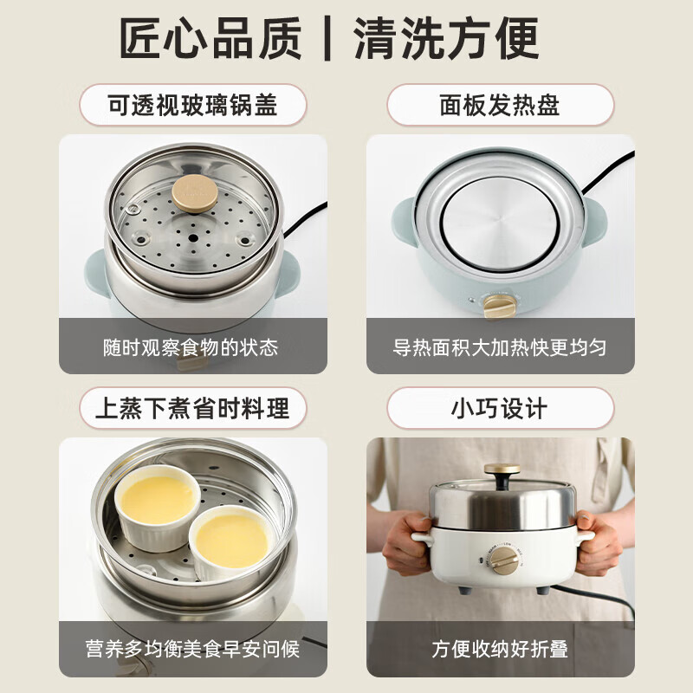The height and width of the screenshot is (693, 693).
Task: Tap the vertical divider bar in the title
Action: pyautogui.click(x=327, y=38)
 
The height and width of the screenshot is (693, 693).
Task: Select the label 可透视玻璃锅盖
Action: pyautogui.click(x=193, y=106)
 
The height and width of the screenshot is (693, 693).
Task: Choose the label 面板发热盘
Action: pyautogui.click(x=500, y=106)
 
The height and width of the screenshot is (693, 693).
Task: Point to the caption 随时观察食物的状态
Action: pyautogui.click(x=193, y=347)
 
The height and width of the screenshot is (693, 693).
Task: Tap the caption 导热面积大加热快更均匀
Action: pyautogui.click(x=500, y=347)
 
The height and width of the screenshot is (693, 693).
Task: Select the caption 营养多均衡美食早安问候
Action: pyautogui.click(x=193, y=649)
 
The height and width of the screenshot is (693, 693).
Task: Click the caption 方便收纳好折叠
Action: pyautogui.click(x=500, y=649)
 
